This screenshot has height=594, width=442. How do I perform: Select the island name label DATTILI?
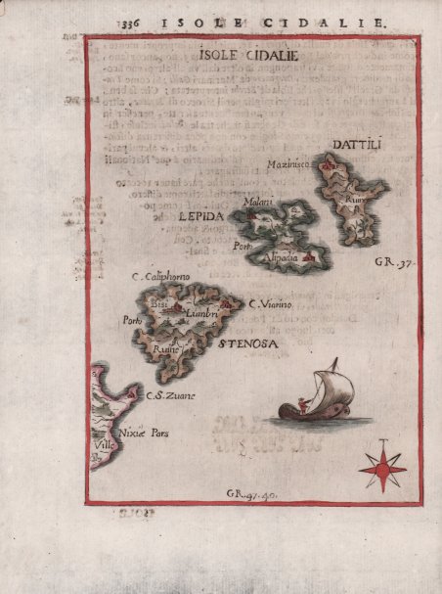tap(361, 146)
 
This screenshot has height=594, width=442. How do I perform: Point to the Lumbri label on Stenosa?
tap(200, 313)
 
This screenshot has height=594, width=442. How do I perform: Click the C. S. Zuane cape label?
tap(170, 395)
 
